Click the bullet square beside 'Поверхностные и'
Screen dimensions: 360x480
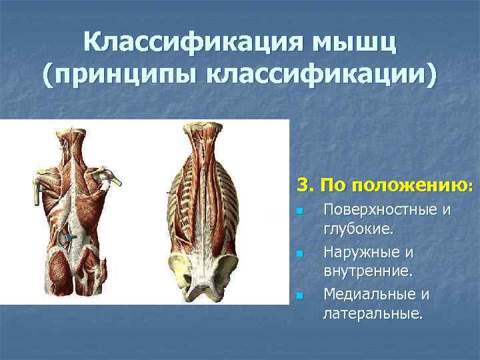300,212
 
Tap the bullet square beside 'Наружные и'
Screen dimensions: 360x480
300,254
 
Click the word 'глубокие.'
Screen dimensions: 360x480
358,230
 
